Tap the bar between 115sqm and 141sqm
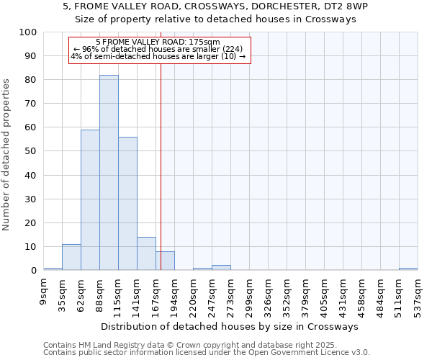(x=127, y=204)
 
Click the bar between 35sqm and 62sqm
(x=71, y=257)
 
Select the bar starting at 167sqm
(x=165, y=261)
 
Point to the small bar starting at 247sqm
(x=221, y=268)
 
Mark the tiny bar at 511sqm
(x=408, y=269)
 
